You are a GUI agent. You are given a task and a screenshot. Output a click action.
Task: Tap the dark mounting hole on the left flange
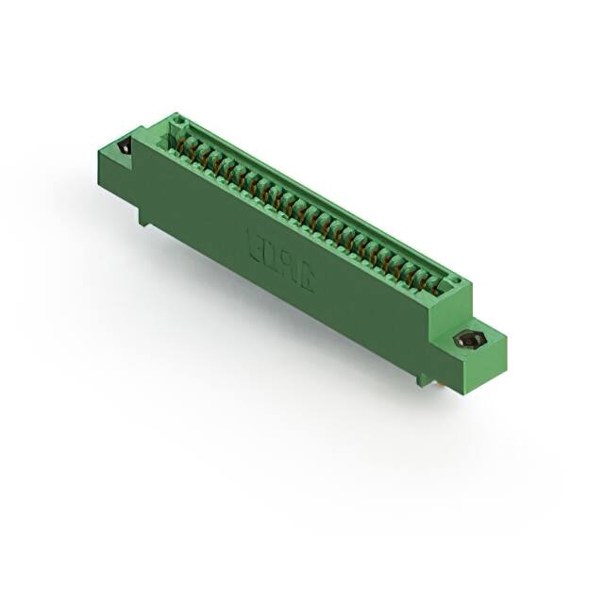(x=123, y=147)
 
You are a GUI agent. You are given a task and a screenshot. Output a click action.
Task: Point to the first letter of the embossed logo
(x=253, y=241)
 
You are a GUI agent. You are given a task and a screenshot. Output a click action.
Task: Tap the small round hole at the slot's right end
(x=455, y=278)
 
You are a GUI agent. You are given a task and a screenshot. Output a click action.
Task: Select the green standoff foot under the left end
(x=143, y=216)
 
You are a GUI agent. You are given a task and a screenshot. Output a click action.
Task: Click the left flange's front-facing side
(x=117, y=175)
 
